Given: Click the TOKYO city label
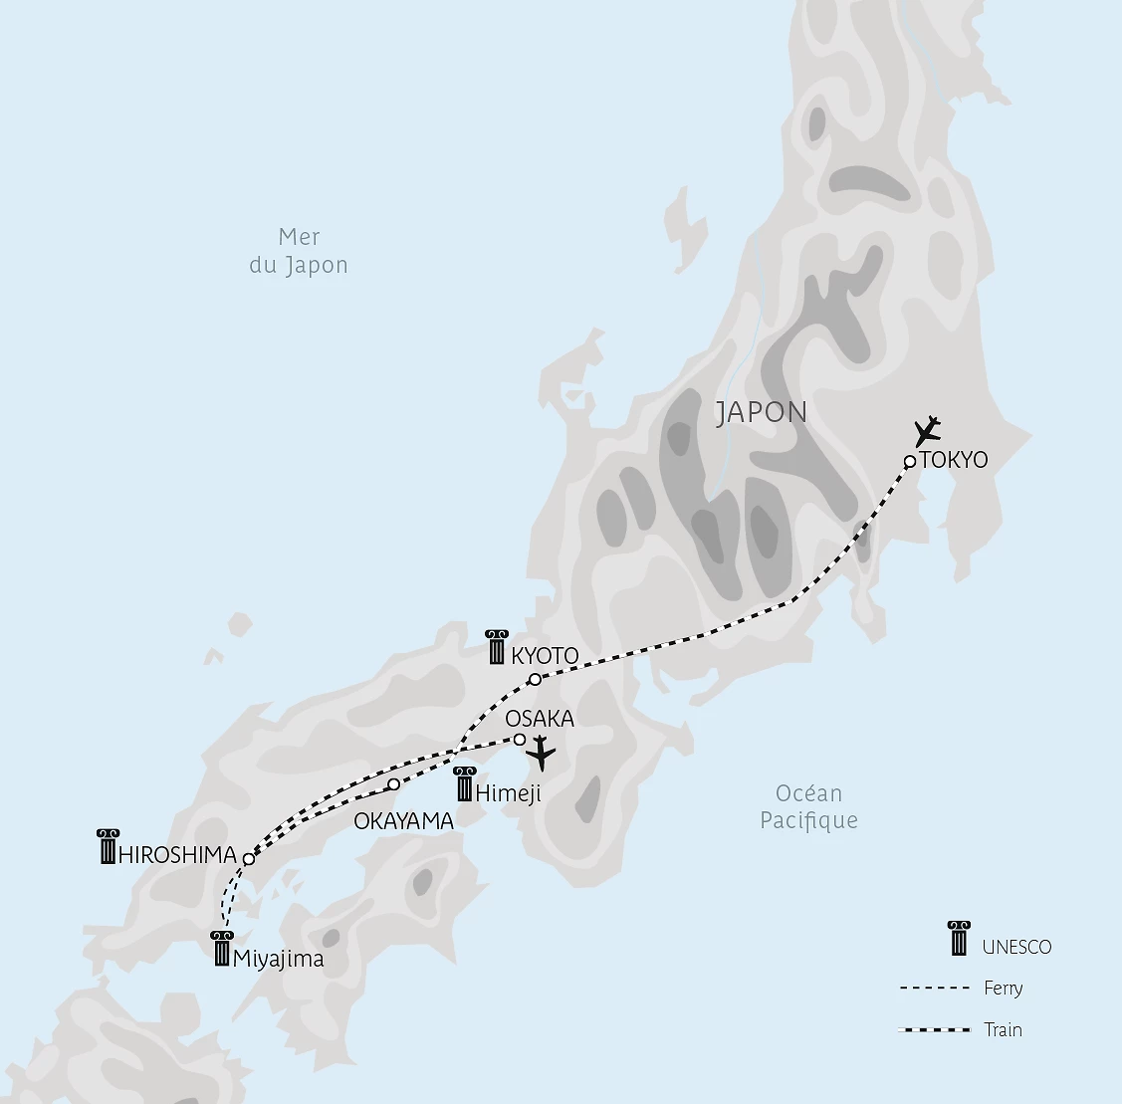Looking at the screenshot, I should [x=955, y=460].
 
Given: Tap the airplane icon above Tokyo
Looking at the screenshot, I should [x=928, y=432].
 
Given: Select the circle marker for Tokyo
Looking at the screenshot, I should [x=909, y=461].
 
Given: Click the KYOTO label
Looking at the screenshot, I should [x=545, y=656].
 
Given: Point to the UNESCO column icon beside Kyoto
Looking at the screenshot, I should [x=497, y=647].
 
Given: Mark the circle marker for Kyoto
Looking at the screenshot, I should [x=535, y=680].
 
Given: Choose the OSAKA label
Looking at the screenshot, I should [x=540, y=719].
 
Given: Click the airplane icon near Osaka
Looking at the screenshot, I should [x=541, y=754].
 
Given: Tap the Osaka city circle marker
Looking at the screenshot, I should [x=520, y=740].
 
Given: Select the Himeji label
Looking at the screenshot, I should [x=509, y=793].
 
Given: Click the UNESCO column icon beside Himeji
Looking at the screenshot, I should [x=464, y=784].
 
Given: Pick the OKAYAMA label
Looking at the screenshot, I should [x=404, y=821].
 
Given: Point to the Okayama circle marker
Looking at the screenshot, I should [x=393, y=784].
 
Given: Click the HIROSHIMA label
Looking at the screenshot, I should [x=177, y=854].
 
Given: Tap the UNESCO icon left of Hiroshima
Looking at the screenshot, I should [x=109, y=846].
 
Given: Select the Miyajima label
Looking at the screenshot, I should [x=278, y=959].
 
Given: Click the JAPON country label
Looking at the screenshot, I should [x=762, y=412].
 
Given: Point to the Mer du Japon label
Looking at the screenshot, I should [x=299, y=251].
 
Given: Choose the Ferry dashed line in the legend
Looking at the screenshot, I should [x=934, y=989].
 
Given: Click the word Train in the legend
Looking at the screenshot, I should [x=1003, y=1029].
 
